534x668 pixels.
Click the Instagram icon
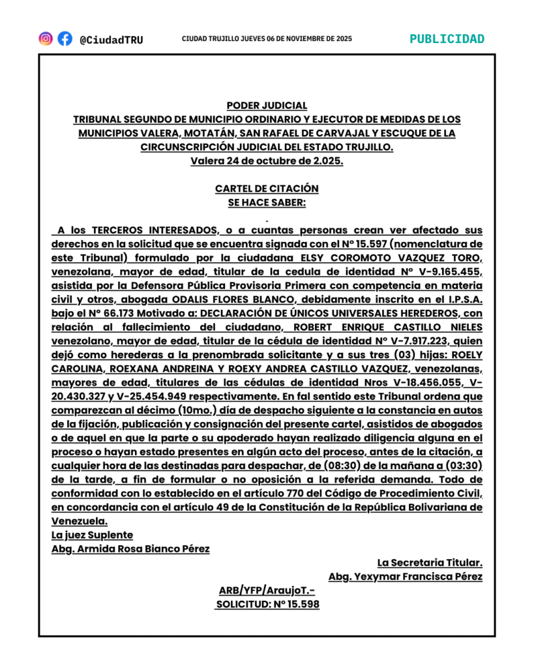(x=46, y=38)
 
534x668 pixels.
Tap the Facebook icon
(x=65, y=38)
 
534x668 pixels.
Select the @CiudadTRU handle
(x=111, y=40)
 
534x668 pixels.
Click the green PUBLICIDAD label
(x=447, y=38)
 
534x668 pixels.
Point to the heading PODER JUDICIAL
(x=267, y=105)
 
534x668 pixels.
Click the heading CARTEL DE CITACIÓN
(x=267, y=189)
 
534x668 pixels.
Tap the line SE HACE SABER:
(x=267, y=202)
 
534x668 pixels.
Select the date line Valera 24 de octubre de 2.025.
(x=267, y=160)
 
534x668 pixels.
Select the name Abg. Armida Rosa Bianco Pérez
(x=130, y=549)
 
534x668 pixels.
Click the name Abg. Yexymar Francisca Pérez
(x=406, y=577)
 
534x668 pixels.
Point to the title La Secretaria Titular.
(x=430, y=562)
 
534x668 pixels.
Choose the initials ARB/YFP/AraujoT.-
(x=267, y=590)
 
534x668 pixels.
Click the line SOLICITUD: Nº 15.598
(x=267, y=604)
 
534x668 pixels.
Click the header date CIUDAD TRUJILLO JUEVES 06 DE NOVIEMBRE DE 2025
(x=267, y=39)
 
